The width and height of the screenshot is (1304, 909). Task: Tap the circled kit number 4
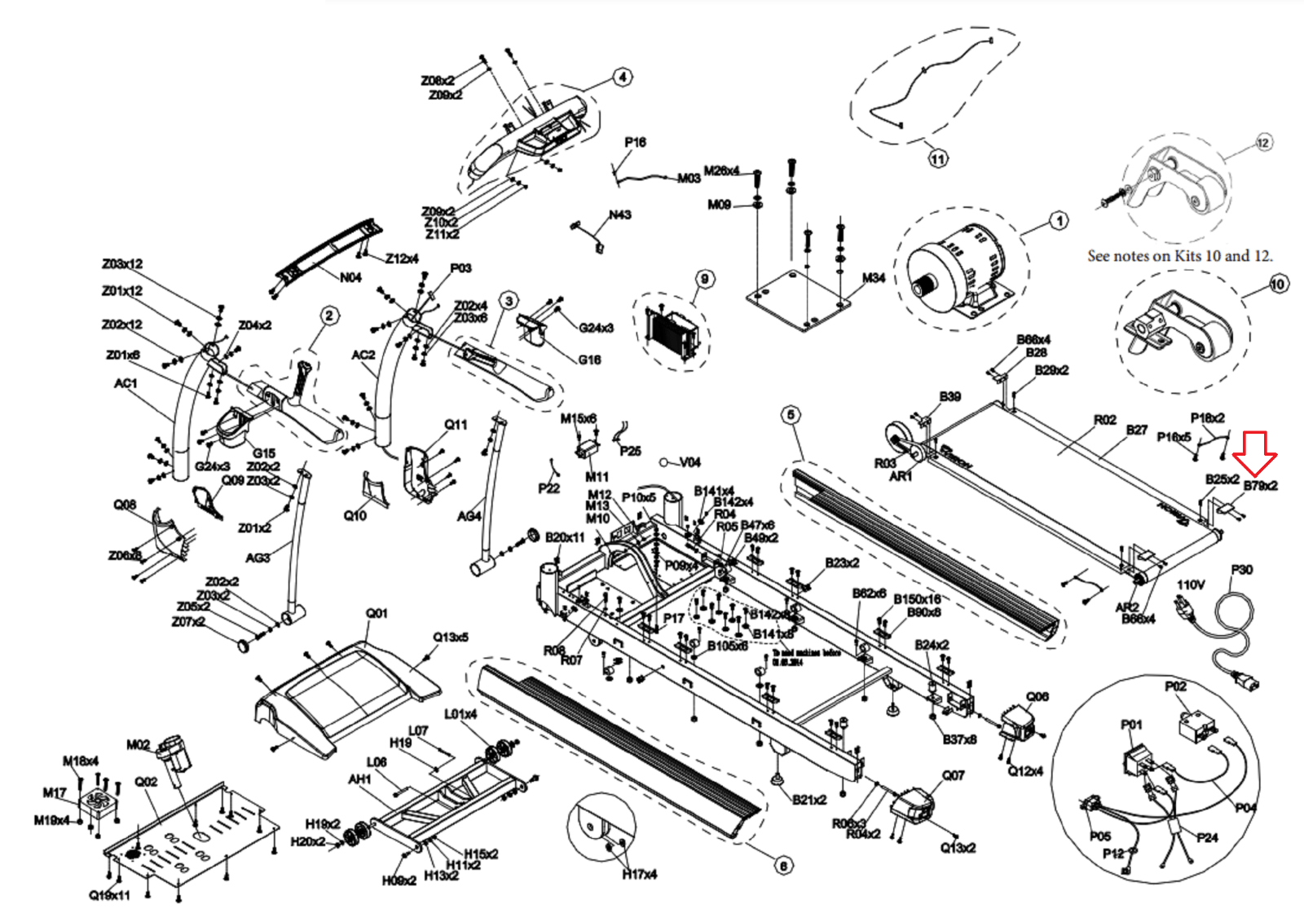pos(623,77)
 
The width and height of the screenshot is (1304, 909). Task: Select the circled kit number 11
pos(938,158)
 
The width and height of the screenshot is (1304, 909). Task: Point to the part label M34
pos(873,278)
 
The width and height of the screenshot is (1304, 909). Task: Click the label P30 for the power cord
pos(1241,569)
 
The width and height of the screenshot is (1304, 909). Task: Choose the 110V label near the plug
pos(1190,585)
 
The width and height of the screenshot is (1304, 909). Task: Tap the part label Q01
pos(377,613)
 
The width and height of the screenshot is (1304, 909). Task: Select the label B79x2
pos(1260,486)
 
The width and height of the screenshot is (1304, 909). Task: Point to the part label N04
pos(350,277)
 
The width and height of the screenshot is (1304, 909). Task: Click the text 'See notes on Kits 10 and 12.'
pos(1179,256)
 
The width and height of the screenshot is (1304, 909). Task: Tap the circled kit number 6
pos(783,866)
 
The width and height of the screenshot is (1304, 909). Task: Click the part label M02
pos(138,744)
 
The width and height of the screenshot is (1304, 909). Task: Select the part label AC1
pos(126,383)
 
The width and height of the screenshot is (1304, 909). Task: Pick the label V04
pos(689,462)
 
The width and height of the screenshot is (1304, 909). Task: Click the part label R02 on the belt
pos(1104,420)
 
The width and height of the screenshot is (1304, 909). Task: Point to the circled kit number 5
pos(791,415)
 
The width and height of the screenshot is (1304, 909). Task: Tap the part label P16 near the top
pos(635,142)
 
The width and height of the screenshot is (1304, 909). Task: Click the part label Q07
pos(953,775)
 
